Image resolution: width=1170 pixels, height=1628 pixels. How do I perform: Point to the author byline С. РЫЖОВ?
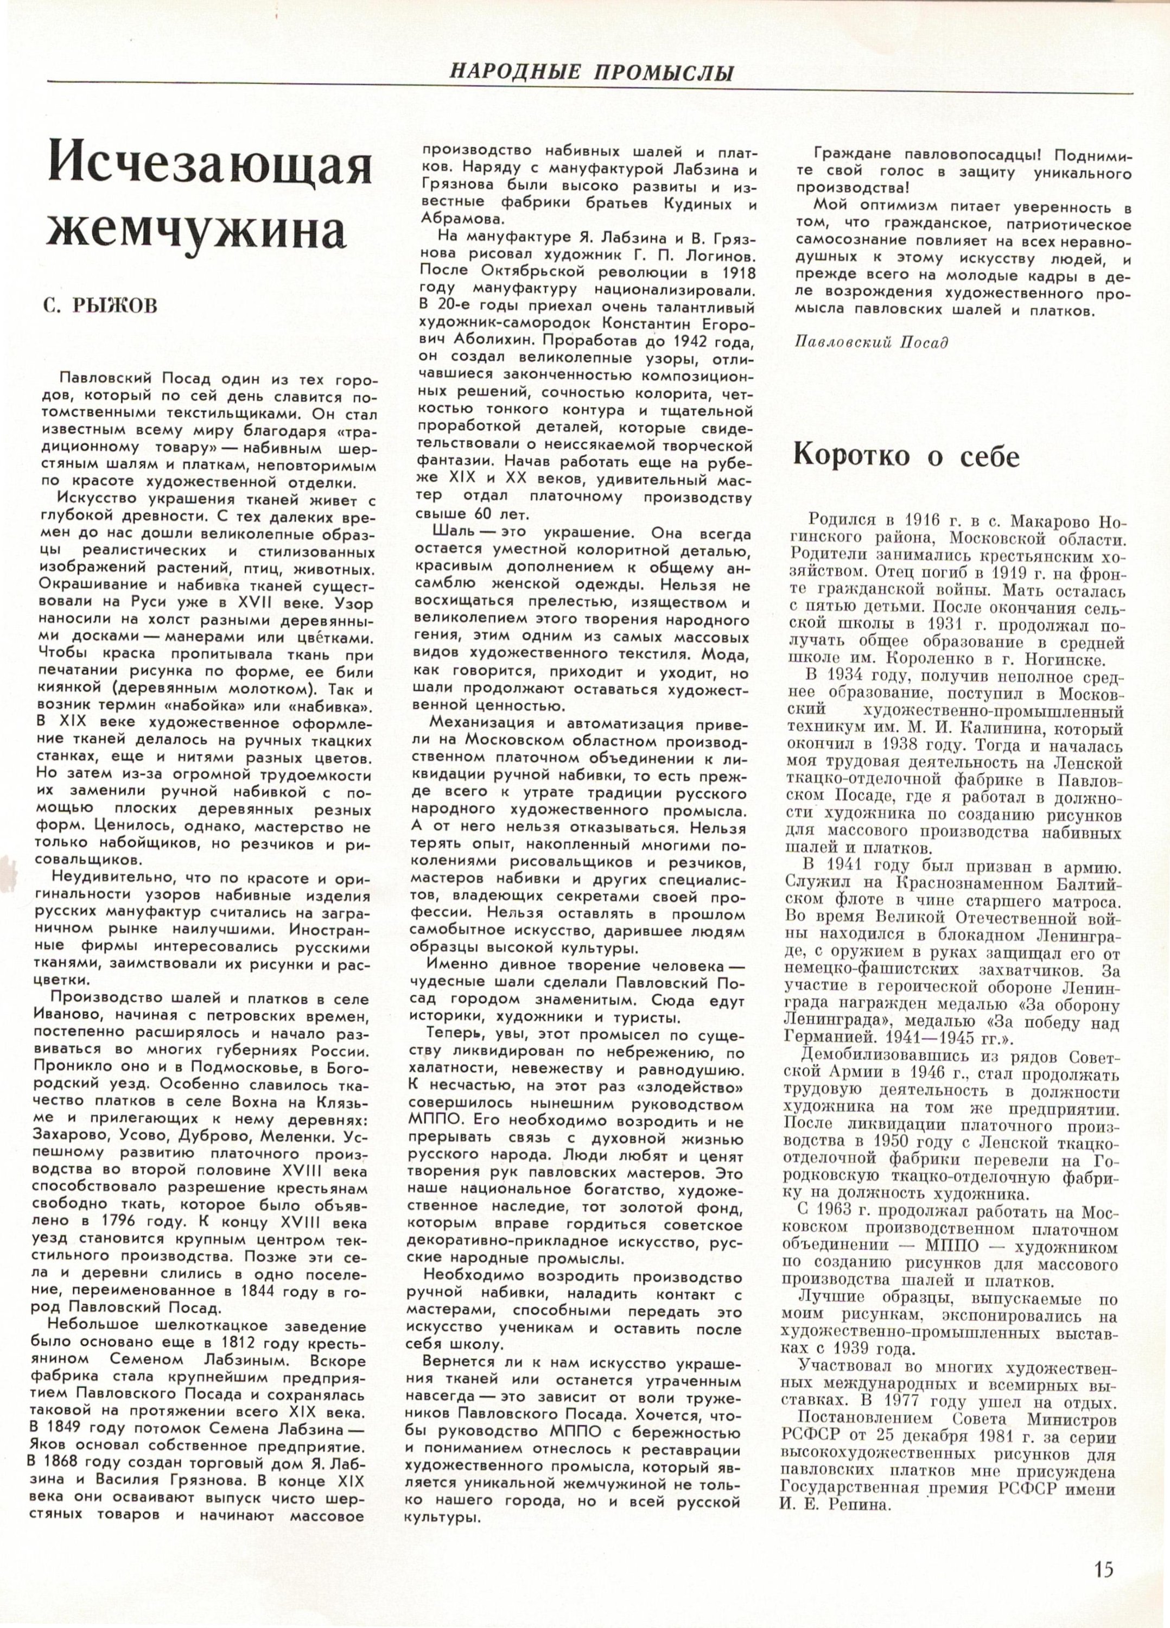point(100,306)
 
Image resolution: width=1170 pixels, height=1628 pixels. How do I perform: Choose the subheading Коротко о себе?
point(905,457)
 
